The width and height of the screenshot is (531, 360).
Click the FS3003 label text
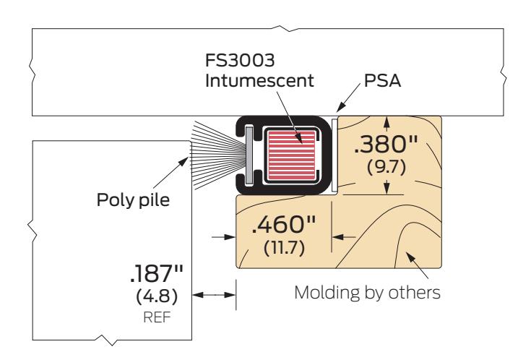point(240,60)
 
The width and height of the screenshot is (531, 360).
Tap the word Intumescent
point(259,81)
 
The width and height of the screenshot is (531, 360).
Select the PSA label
point(382,81)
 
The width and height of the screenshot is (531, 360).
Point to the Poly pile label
point(133,200)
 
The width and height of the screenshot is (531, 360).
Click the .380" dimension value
point(386,144)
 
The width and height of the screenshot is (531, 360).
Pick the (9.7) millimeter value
point(386,167)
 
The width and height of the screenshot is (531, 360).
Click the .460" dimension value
point(284,224)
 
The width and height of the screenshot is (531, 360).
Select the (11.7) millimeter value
point(284,247)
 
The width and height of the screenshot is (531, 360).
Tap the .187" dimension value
point(157,273)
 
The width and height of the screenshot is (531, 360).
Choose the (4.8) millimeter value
point(157,296)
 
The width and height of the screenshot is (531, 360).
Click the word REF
point(157,317)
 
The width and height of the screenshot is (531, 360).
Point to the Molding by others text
point(368,293)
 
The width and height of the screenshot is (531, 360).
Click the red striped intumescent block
point(292,155)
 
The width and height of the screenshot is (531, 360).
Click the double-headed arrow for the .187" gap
point(214,295)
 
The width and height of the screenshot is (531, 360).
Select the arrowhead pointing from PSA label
point(340,108)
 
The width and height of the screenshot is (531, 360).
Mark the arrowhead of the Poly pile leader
point(184,161)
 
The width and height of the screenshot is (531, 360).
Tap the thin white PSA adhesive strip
point(334,154)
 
